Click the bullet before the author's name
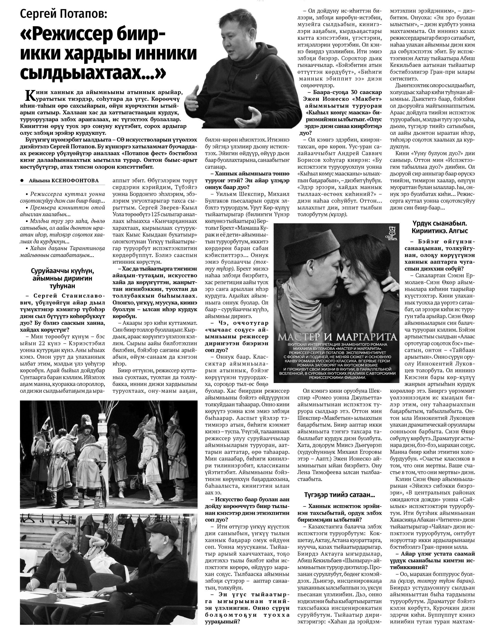pyautogui.click(x=22, y=180)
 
